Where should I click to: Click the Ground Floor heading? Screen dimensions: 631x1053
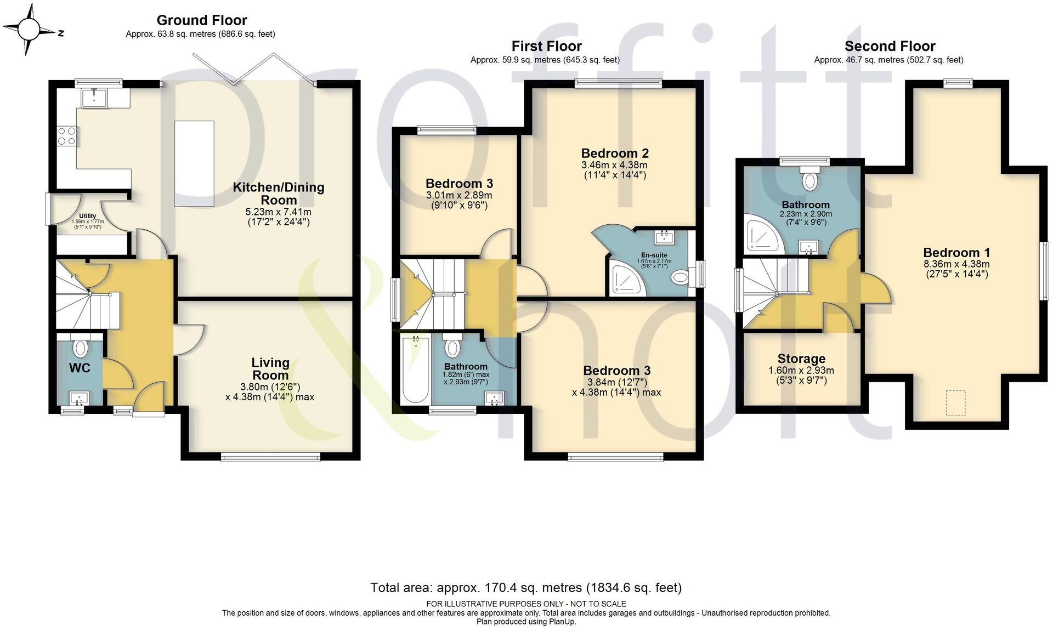201,20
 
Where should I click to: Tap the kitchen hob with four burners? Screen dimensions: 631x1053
67,135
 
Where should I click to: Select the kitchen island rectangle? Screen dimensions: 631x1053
194,163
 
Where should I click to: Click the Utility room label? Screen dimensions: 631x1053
87,216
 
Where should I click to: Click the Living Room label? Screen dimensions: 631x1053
270,369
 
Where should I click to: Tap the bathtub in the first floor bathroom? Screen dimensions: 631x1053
415,370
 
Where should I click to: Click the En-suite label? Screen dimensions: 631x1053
654,255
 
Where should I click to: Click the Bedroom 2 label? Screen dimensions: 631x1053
615,153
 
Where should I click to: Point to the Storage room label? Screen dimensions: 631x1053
801,359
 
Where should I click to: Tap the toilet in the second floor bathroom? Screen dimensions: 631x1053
809,179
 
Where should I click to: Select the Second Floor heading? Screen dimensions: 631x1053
890,46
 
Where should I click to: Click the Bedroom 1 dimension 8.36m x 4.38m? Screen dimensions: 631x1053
956,264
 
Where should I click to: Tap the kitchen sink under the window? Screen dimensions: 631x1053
95,98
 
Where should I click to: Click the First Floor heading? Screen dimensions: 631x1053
546,46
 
